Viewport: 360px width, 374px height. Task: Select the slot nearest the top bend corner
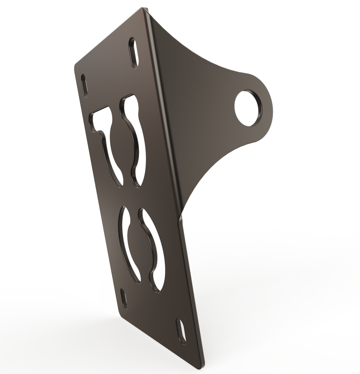coord(134,53)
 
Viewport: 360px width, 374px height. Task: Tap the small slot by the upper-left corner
coord(85,86)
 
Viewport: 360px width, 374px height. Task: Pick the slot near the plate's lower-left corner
coord(124,299)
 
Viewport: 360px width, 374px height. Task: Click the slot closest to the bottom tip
coord(181,331)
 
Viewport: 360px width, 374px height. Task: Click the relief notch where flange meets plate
coord(180,218)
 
